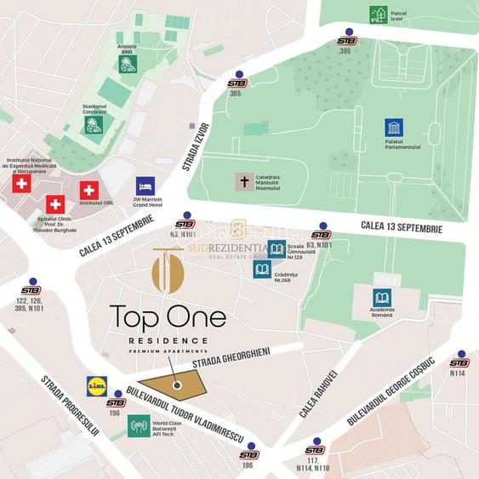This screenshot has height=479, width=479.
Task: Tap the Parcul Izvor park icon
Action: pos(379,14)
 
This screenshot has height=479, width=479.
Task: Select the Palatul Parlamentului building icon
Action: pos(394,128)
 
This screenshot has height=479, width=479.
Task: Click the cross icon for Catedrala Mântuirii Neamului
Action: pos(244,182)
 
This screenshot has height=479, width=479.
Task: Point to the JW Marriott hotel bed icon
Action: pos(145,185)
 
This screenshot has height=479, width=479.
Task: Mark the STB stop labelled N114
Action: pos(460,360)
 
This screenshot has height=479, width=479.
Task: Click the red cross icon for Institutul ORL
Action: pos(88,191)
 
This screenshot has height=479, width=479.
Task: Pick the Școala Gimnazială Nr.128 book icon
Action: pos(277,250)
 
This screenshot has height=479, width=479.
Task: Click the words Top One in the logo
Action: pos(168,319)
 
